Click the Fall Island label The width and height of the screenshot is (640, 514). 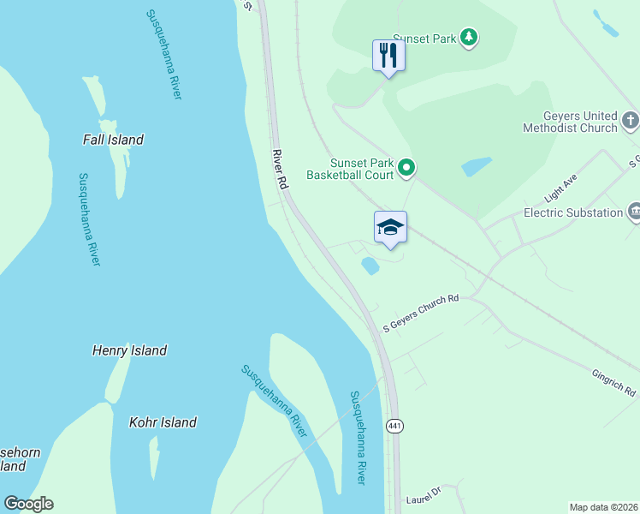point(113,140)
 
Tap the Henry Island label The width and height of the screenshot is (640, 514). point(129,350)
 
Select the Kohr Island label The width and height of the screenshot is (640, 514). point(163,422)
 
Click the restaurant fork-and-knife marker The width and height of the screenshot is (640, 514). point(388,56)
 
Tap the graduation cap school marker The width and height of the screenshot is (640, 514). point(390,227)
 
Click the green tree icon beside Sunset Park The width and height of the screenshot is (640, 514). point(468,37)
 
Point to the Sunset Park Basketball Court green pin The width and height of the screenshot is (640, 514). point(407,169)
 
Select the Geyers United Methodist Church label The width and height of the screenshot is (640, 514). point(569,122)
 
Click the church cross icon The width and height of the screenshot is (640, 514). point(631,120)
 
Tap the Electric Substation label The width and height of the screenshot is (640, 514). point(572,212)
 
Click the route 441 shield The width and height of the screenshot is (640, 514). point(394,426)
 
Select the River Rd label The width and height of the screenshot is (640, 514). point(279,169)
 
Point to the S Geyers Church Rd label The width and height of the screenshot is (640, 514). point(421,314)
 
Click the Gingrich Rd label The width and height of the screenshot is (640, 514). point(613,383)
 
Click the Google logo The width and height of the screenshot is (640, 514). point(28,504)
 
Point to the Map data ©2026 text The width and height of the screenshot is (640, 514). point(603,507)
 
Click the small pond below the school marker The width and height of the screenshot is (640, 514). point(370,266)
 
